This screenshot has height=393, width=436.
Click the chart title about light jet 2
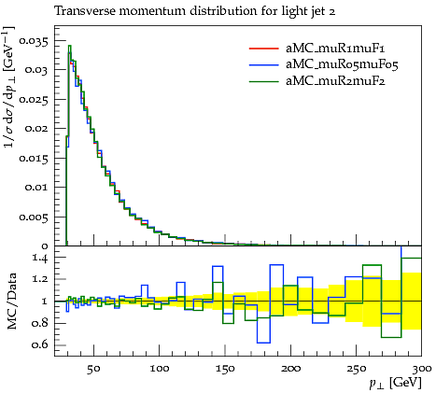(195, 11)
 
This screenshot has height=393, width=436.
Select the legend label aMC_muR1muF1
(335, 49)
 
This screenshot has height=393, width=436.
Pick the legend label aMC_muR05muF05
(342, 65)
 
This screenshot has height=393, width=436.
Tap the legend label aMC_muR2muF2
(335, 81)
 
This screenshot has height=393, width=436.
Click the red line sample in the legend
(264, 49)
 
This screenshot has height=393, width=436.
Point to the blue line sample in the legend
(264, 65)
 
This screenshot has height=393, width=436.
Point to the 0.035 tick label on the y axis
(34, 41)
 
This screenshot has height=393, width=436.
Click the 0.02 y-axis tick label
(36, 128)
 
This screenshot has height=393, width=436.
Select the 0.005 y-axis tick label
(34, 217)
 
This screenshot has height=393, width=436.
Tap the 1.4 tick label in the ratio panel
(40, 259)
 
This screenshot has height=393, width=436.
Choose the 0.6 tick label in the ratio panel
(40, 344)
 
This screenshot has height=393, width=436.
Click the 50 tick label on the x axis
(93, 369)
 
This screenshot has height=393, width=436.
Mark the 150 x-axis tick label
(225, 369)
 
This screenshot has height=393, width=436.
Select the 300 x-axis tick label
(421, 369)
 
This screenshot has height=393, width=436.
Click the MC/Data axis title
(12, 302)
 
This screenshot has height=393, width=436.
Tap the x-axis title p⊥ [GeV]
(395, 383)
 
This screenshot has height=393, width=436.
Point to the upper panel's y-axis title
(9, 86)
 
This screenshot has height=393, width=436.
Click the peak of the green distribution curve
(70, 46)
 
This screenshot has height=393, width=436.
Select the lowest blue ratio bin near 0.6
(263, 343)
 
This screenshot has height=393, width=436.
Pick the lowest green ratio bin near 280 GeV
(391, 337)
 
